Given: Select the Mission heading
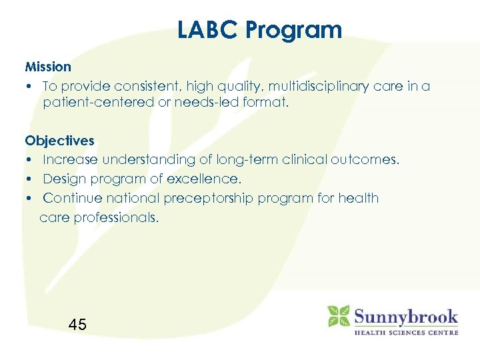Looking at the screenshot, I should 48,67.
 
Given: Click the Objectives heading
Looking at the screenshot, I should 59,141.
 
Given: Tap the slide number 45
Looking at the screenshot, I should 77,325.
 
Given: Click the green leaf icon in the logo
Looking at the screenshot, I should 338,316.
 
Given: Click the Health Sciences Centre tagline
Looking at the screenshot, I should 405,331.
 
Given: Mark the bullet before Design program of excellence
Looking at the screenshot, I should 31,179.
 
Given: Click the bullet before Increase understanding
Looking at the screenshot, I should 31,160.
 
